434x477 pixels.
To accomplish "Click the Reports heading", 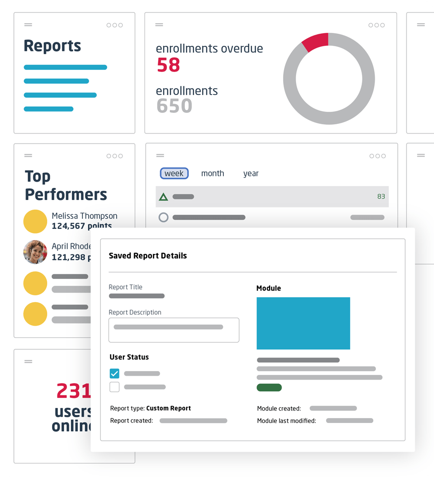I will click(52, 46).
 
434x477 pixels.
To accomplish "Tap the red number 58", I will click(168, 65).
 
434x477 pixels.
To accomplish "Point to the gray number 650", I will click(174, 106).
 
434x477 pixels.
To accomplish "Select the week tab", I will click(174, 173).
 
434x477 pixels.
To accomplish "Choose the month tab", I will click(213, 173).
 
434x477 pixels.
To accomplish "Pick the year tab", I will click(251, 173).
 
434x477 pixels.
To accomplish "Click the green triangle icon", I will click(163, 197).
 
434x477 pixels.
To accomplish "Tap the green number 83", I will click(381, 197).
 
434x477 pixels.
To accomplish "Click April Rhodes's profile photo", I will click(35, 252).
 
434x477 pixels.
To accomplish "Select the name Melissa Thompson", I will click(84, 216).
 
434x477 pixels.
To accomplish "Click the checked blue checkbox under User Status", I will click(114, 373).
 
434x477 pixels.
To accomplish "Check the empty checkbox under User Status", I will click(114, 386).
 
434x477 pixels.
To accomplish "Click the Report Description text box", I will click(174, 330).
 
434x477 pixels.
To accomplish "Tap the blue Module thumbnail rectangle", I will click(303, 323).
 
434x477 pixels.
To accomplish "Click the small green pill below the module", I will click(269, 387).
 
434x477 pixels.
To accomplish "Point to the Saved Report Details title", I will click(148, 256).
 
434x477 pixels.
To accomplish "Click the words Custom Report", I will click(168, 408).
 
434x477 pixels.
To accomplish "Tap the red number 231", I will click(74, 391).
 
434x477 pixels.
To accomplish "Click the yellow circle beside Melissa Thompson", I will click(35, 222).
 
